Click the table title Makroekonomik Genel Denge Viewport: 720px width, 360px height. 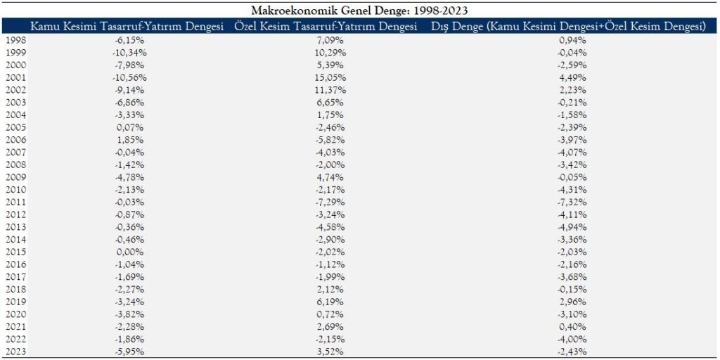click(x=359, y=10)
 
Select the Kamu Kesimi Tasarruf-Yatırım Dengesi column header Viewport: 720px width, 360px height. click(x=127, y=27)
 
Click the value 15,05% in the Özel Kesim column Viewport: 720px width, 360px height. click(x=330, y=78)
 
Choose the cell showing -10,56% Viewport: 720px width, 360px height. click(x=127, y=78)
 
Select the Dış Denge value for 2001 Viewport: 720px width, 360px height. click(x=572, y=78)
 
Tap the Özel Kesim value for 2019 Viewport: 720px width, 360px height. click(x=331, y=303)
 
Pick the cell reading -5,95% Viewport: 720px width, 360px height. click(x=127, y=353)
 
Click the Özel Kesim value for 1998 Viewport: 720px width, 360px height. click(x=331, y=41)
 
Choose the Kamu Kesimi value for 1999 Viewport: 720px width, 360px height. click(x=127, y=53)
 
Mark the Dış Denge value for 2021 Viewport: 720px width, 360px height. click(x=572, y=328)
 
